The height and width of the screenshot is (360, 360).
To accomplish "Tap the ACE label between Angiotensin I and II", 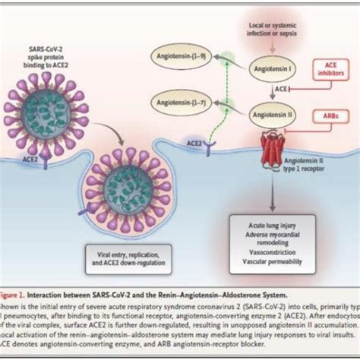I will click(x=258, y=88).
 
